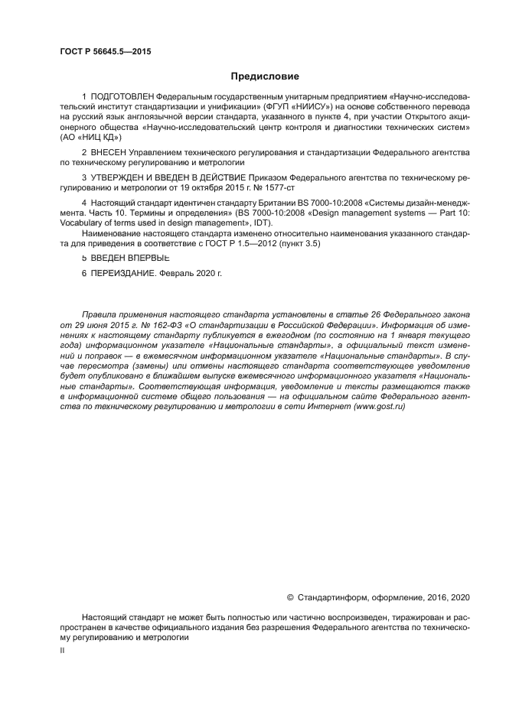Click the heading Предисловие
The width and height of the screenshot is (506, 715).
pos(265,76)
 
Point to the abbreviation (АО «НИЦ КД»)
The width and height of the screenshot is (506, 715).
pos(90,138)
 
